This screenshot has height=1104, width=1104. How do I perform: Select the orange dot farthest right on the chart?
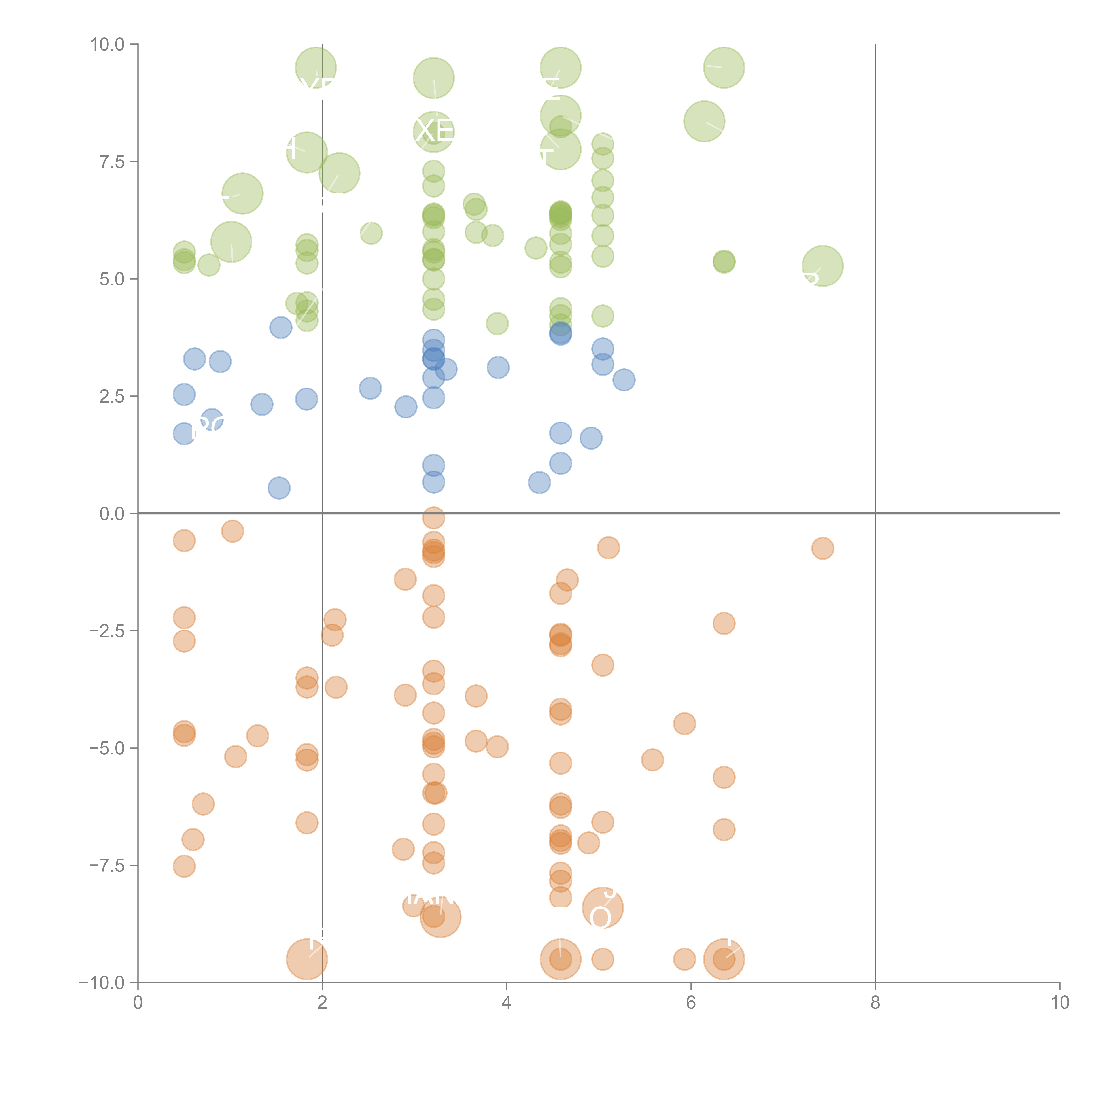[822, 548]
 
